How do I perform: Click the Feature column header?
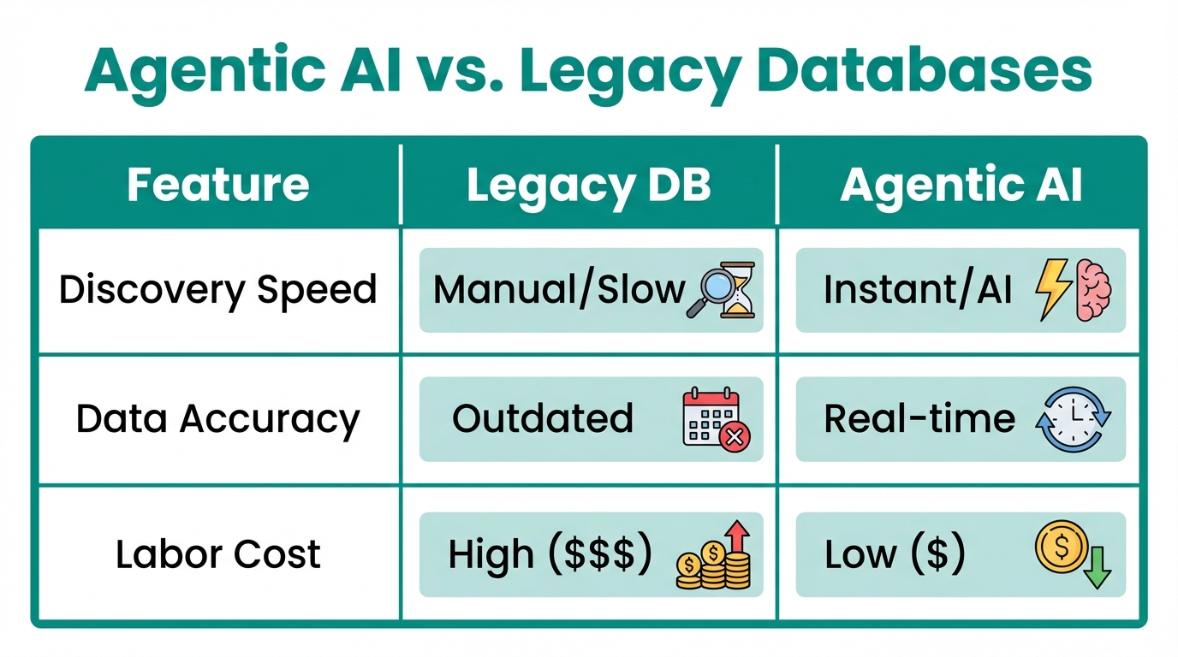tap(217, 186)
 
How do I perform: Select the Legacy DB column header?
tap(589, 186)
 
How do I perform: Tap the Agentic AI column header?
tap(961, 186)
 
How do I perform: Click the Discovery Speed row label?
tap(217, 290)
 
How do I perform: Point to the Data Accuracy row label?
tap(217, 419)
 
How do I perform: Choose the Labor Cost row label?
tap(217, 554)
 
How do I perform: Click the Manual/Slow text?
tap(559, 290)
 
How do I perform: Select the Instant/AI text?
tap(918, 290)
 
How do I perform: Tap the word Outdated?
tap(543, 419)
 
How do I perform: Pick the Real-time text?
tap(919, 419)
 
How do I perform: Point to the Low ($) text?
tap(895, 554)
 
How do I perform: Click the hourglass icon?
tap(738, 291)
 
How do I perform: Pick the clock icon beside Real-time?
tap(1073, 419)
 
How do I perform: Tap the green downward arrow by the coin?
tap(1097, 569)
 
